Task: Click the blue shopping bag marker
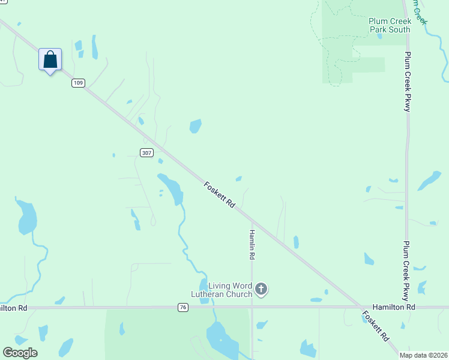50,60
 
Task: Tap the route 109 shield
78,83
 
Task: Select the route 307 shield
147,152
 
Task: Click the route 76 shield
183,307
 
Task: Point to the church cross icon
261,290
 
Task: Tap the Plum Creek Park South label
389,25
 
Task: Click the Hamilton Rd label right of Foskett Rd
394,307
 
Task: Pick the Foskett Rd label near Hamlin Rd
219,195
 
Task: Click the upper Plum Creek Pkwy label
407,81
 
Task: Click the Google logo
20,353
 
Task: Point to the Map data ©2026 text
424,355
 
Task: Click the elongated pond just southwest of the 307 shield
171,188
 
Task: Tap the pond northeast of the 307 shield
195,126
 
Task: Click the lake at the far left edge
27,217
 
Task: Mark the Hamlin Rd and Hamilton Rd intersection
252,307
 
